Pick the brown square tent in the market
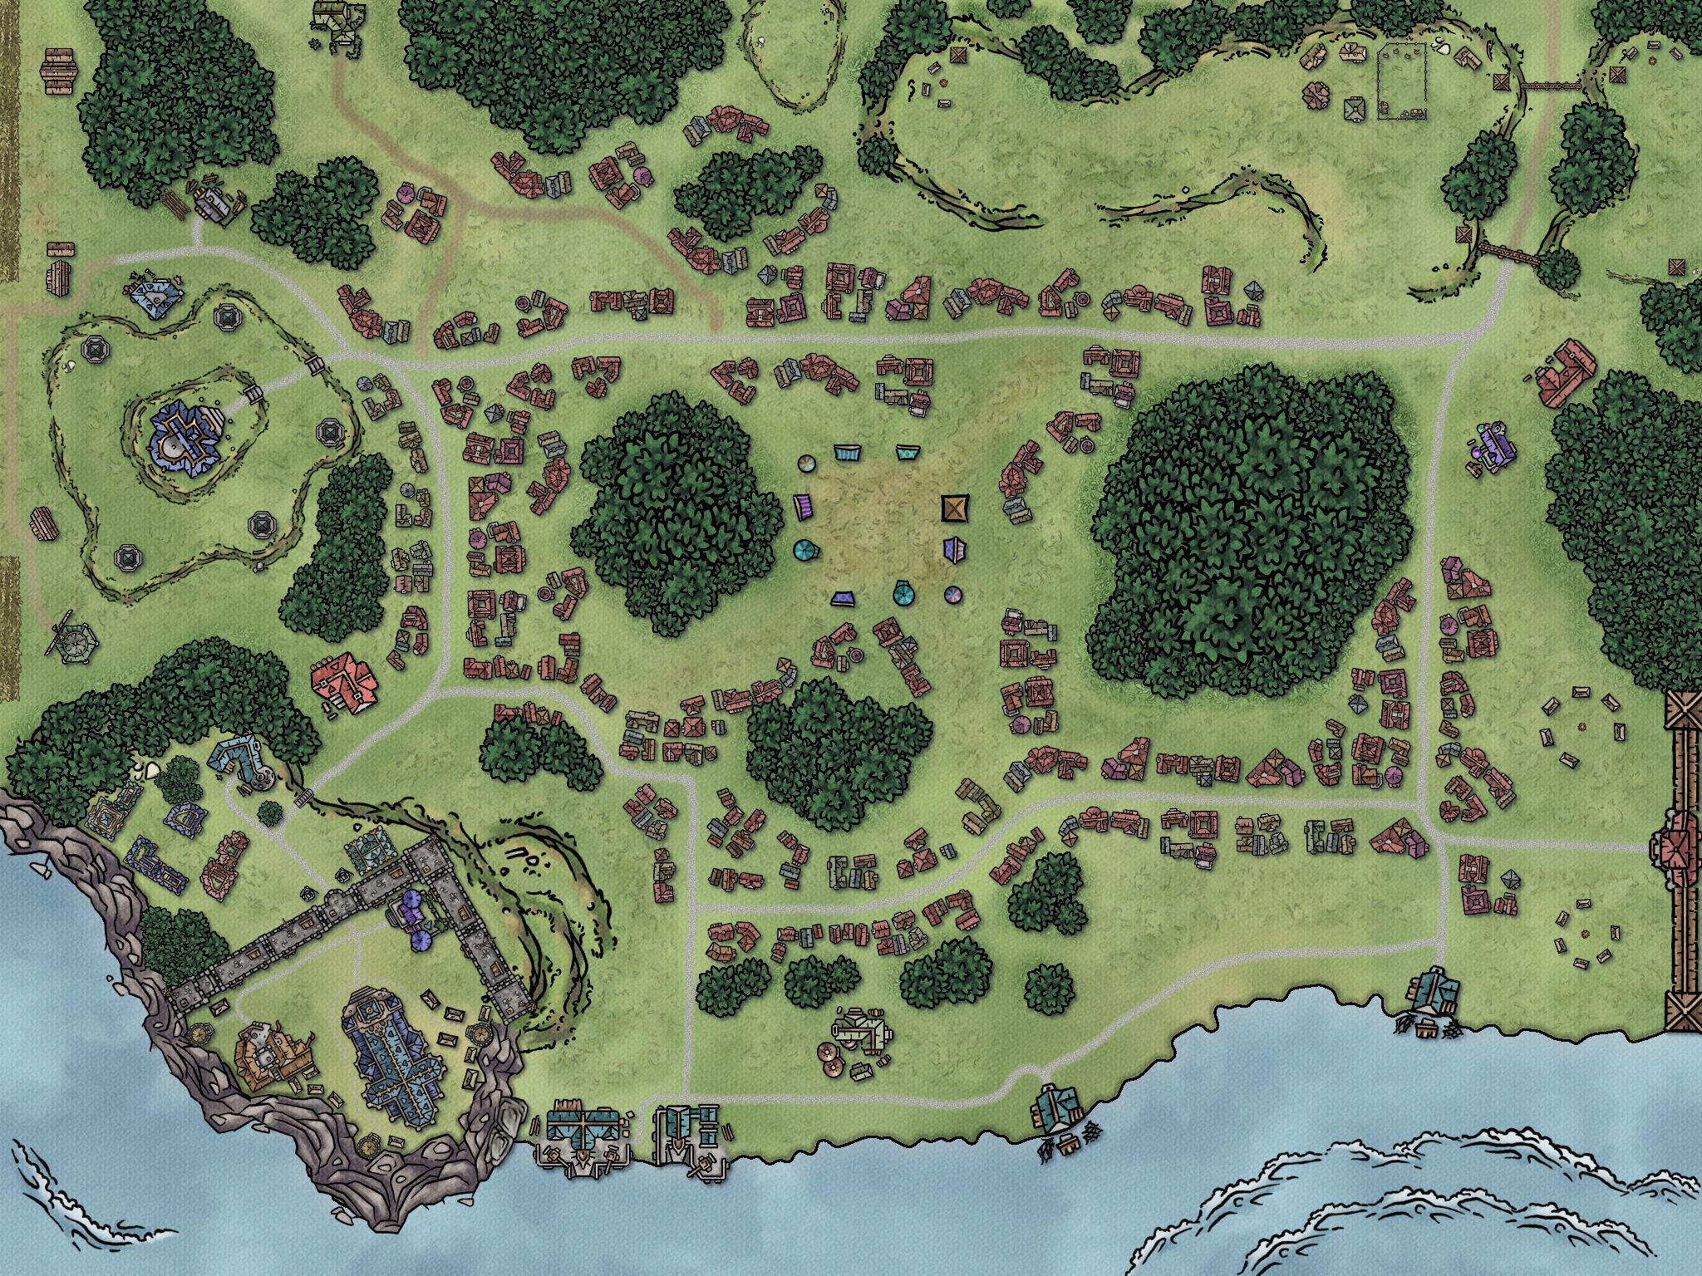pyautogui.click(x=956, y=508)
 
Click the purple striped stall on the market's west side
pyautogui.click(x=803, y=506)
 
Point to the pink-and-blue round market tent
pyautogui.click(x=952, y=595)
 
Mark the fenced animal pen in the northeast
pyautogui.click(x=1403, y=82)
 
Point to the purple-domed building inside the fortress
pyautogui.click(x=414, y=911)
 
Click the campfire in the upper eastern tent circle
pyautogui.click(x=1583, y=726)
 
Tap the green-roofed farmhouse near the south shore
pyautogui.click(x=862, y=1033)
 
